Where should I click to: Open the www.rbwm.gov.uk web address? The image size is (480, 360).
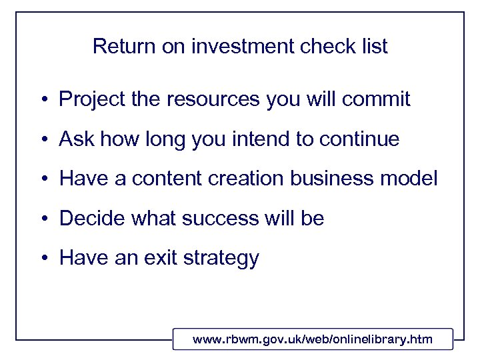pos(313,339)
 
